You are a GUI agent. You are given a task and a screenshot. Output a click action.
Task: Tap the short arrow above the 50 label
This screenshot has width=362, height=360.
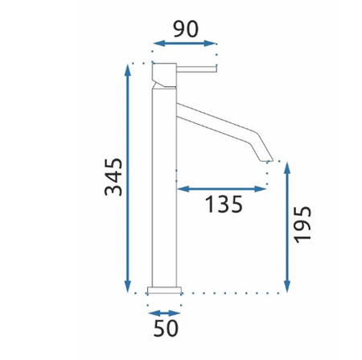pos(165,313)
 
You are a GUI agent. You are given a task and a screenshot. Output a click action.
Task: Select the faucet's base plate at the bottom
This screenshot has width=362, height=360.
pos(165,291)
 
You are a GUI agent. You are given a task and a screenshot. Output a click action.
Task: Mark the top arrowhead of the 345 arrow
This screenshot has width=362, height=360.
pos(128,68)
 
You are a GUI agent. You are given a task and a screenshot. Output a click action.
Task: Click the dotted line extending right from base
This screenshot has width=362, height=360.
pos(233,291)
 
